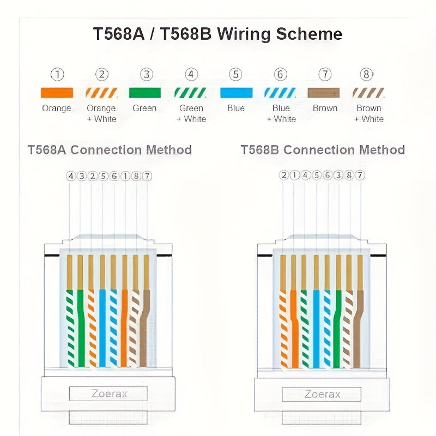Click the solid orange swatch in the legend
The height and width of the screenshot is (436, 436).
point(57,93)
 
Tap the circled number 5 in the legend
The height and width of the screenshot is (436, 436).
point(235,75)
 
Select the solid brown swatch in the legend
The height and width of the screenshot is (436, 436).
point(324,93)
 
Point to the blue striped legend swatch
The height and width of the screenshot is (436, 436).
point(280,93)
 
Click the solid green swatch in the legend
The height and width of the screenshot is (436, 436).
point(145,93)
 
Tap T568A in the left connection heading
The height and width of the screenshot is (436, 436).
point(47,150)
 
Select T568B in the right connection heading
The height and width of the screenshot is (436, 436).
point(261,150)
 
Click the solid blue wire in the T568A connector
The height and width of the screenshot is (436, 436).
point(102,327)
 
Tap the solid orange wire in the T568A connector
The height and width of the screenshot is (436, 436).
point(124,327)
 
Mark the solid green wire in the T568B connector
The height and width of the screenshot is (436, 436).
point(338,327)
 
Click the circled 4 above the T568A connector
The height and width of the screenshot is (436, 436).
point(70,175)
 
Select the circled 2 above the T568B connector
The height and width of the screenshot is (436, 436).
point(283,175)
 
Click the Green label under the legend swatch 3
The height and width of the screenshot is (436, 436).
point(145,108)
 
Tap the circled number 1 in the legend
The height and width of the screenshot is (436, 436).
point(57,75)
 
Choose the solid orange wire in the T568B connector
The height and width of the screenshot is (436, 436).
point(294,327)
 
